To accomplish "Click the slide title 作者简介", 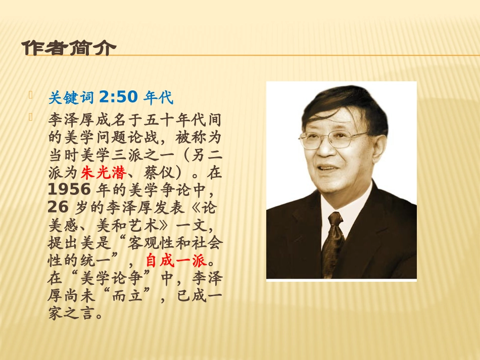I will [69, 48].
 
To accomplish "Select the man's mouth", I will [329, 168].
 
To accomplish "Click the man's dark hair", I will [349, 104].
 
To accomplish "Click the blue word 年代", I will [158, 96].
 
